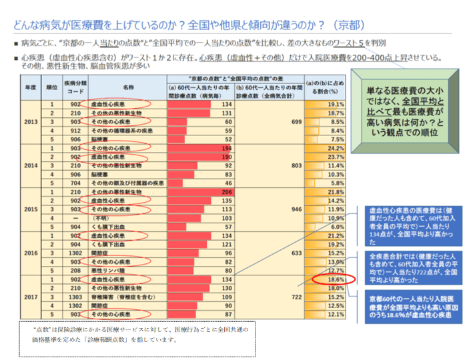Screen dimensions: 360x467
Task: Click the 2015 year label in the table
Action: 31,209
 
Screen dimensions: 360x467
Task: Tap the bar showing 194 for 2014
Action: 198,147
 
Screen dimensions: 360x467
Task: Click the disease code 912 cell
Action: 76,131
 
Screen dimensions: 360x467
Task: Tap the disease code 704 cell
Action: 76,182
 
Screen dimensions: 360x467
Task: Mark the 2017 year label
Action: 31,295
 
